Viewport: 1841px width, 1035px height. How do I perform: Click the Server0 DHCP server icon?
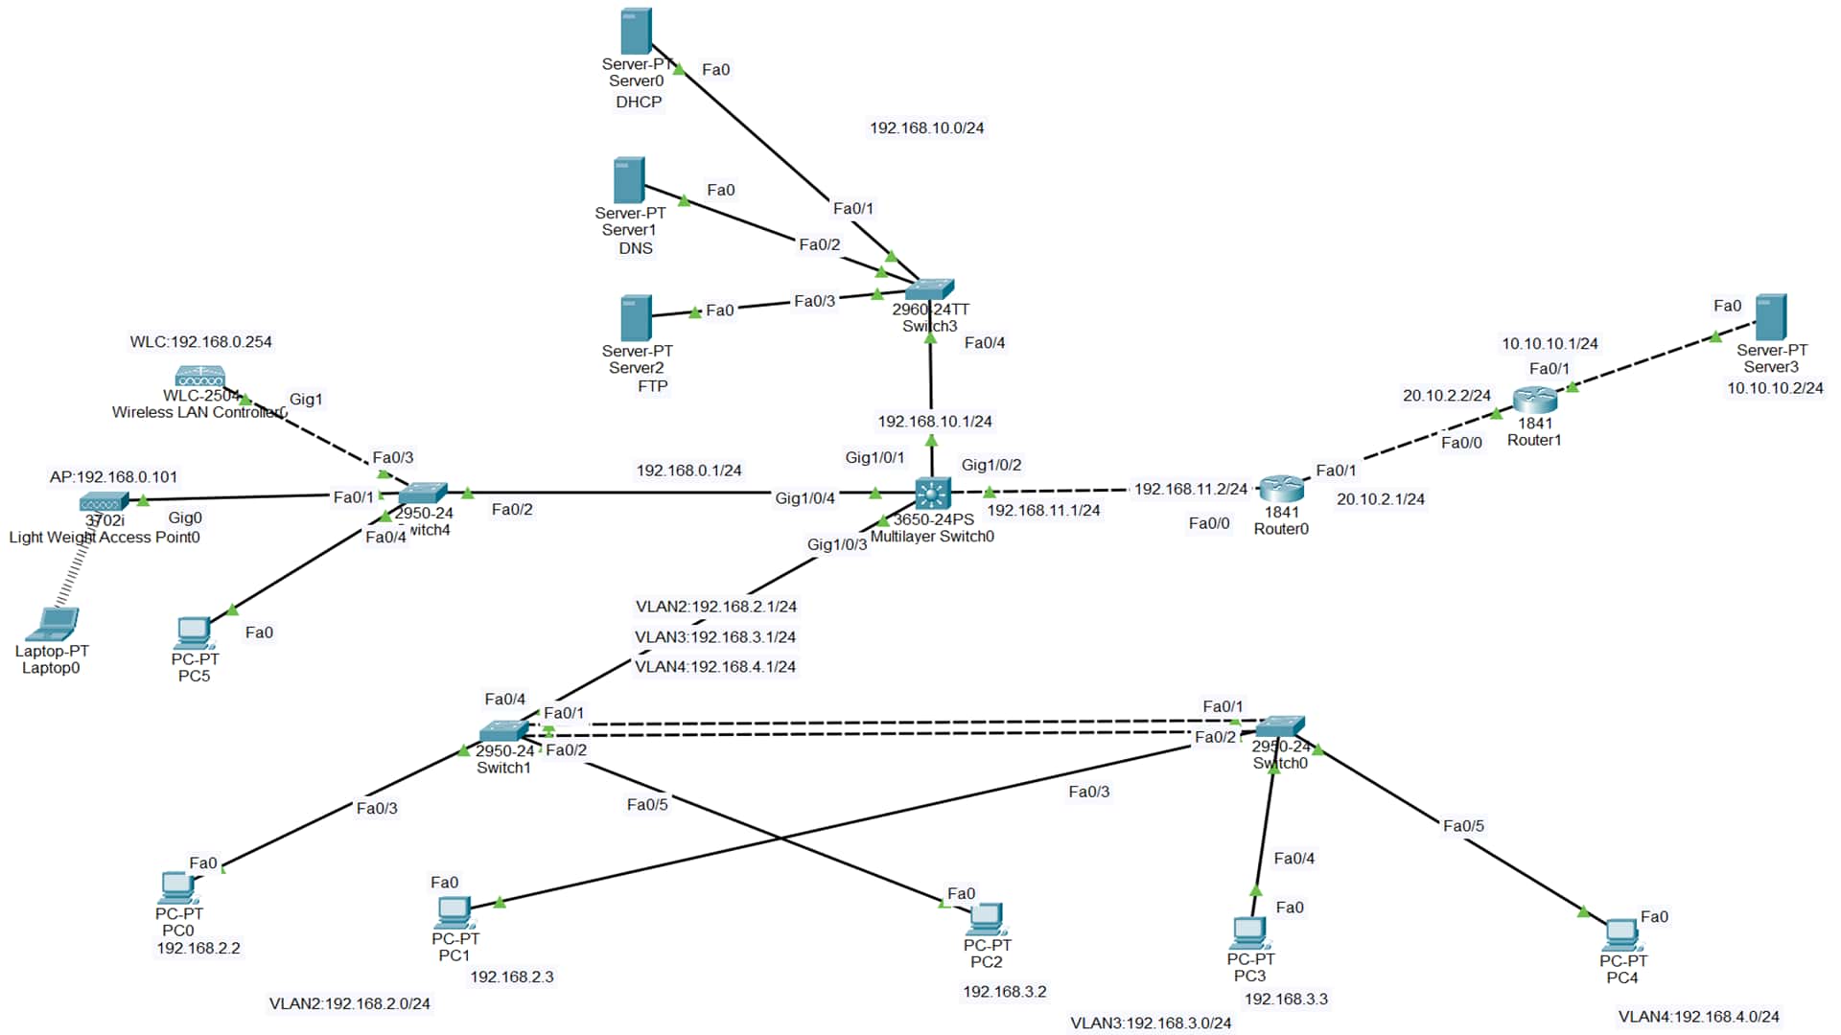pyautogui.click(x=636, y=32)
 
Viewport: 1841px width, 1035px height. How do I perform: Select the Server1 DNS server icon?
pyautogui.click(x=629, y=181)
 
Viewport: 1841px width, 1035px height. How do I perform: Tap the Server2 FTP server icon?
pyautogui.click(x=636, y=318)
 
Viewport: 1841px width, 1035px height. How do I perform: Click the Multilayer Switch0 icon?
pyautogui.click(x=932, y=493)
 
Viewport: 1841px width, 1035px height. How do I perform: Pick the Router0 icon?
pyautogui.click(x=1281, y=489)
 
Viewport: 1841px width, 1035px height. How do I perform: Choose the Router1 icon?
pyautogui.click(x=1534, y=400)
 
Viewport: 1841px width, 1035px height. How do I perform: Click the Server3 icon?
pyautogui.click(x=1770, y=317)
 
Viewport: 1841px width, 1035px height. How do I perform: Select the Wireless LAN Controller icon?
pyautogui.click(x=199, y=376)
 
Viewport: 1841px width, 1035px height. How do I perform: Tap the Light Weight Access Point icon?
pyautogui.click(x=104, y=501)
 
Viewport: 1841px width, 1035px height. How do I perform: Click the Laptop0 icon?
pyautogui.click(x=52, y=625)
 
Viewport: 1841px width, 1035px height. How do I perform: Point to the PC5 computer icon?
pyautogui.click(x=194, y=633)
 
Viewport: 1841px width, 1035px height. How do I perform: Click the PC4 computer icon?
pyautogui.click(x=1620, y=934)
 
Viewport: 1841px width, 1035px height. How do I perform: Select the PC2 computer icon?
pyautogui.click(x=986, y=919)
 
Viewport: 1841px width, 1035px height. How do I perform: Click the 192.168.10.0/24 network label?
pyautogui.click(x=926, y=127)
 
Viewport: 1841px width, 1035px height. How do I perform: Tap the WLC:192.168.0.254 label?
pyautogui.click(x=200, y=341)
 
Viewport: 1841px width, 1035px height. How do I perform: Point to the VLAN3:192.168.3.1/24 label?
pyautogui.click(x=714, y=636)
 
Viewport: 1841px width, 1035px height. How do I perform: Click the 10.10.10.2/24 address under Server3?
pyautogui.click(x=1775, y=388)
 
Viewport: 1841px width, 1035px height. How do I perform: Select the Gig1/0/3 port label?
pyautogui.click(x=836, y=544)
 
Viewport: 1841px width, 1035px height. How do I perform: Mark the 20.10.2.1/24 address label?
pyautogui.click(x=1380, y=498)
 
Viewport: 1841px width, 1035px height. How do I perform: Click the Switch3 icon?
pyautogui.click(x=929, y=288)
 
